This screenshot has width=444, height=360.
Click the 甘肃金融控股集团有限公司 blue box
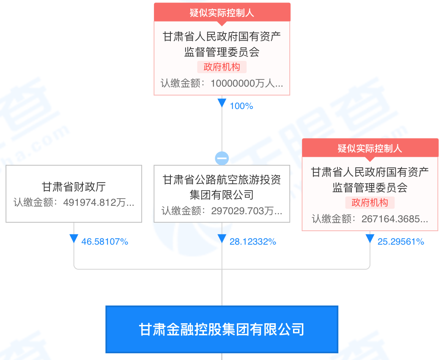(222, 329)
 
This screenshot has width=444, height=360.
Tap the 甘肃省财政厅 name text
(74, 187)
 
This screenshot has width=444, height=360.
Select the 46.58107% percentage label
(104, 242)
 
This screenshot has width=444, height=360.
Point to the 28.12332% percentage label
(252, 242)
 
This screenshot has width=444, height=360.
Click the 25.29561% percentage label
(400, 242)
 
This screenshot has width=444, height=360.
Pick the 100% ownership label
(241, 106)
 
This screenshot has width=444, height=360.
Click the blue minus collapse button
(222, 158)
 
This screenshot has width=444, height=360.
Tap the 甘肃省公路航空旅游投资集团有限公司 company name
(222, 187)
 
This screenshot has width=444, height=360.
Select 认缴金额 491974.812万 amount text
(74, 202)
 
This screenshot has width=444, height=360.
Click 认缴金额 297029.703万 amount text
(222, 210)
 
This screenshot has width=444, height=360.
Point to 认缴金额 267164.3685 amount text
(370, 219)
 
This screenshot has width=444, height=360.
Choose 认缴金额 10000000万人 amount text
(222, 83)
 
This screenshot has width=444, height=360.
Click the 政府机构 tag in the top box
(222, 67)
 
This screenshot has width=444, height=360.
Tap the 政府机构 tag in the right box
(370, 203)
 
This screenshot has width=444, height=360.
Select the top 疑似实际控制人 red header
(222, 12)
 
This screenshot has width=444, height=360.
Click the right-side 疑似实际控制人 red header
(370, 148)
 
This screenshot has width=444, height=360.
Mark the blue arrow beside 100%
(222, 103)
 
